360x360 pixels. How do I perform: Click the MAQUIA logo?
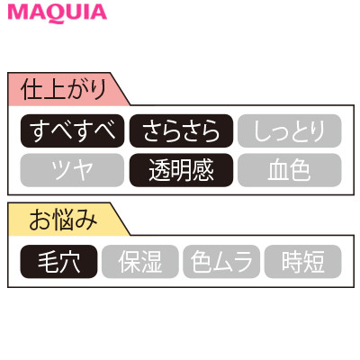(58, 13)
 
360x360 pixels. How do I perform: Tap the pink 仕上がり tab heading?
(65, 89)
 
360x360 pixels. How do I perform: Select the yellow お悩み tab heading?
(65, 220)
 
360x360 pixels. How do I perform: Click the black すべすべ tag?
(72, 130)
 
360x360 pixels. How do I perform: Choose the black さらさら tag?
(181, 130)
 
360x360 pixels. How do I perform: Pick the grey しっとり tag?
(290, 130)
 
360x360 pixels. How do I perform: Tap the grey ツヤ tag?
(72, 170)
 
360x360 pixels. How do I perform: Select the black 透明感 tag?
(181, 170)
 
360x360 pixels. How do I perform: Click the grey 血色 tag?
(290, 170)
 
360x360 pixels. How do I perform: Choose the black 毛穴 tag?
(58, 262)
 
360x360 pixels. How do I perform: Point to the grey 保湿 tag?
(140, 262)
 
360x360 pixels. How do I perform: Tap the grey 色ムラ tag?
(221, 262)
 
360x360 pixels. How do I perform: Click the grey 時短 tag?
(303, 262)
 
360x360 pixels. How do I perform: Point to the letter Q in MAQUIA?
(56, 13)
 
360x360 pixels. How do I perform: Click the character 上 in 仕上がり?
(53, 89)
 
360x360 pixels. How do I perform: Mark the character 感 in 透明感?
(203, 170)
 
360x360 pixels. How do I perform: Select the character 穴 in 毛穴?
(70, 262)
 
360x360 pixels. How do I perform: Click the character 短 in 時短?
(314, 262)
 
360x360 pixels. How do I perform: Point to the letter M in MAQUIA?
(18, 13)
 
